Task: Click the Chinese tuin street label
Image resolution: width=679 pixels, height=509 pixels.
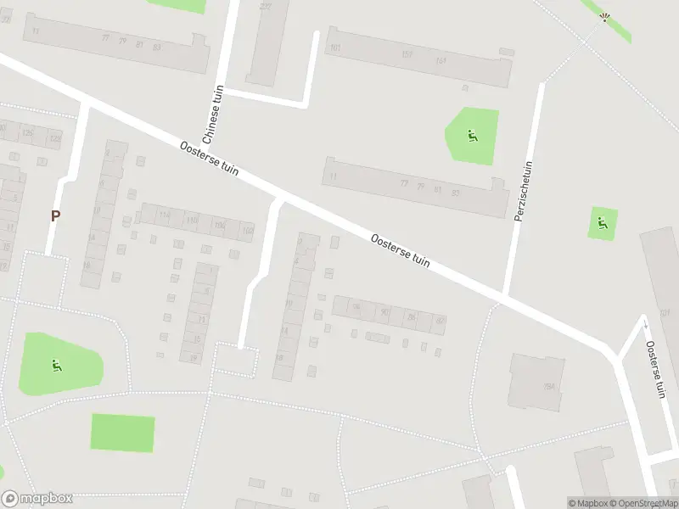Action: pyautogui.click(x=211, y=115)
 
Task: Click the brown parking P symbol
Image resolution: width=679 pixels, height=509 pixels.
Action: pyautogui.click(x=55, y=215)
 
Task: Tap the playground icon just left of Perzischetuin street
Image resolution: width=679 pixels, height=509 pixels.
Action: pyautogui.click(x=472, y=135)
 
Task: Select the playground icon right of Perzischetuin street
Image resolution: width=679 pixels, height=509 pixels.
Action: pyautogui.click(x=602, y=224)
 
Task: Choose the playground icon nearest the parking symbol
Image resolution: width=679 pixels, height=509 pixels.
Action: pyautogui.click(x=57, y=366)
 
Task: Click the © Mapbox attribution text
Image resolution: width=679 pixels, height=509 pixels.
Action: pyautogui.click(x=588, y=503)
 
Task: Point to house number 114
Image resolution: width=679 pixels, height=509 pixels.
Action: pyautogui.click(x=165, y=215)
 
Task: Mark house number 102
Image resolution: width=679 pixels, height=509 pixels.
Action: pyautogui.click(x=247, y=230)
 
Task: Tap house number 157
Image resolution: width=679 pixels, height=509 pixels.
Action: pyautogui.click(x=407, y=55)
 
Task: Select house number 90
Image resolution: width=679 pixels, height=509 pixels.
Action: pyautogui.click(x=385, y=312)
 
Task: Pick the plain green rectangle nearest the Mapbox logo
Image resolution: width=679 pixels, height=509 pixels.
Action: pyautogui.click(x=123, y=433)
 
